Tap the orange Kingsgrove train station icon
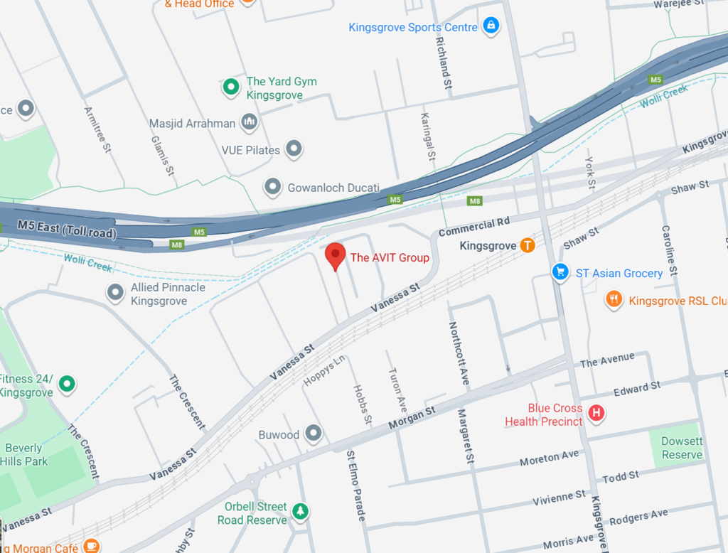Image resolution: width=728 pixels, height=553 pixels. click(x=527, y=246)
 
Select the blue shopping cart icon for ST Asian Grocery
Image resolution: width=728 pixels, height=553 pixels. click(x=561, y=273)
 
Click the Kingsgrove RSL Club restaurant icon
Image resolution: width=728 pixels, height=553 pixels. click(x=614, y=299)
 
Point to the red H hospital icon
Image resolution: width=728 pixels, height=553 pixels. click(x=596, y=413)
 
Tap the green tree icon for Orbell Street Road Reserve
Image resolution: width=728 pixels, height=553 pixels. click(x=301, y=512)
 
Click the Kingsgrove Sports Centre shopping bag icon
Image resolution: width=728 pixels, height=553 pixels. click(x=490, y=26)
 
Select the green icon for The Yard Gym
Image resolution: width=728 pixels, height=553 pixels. click(x=230, y=87)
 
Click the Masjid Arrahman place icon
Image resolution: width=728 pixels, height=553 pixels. click(x=249, y=122)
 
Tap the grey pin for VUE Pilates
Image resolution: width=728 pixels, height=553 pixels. click(x=293, y=149)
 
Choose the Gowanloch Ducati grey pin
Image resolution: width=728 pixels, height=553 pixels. click(x=272, y=188)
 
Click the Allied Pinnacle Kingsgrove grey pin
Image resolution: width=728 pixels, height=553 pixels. click(x=115, y=293)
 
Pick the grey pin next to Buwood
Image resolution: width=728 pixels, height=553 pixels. click(x=313, y=434)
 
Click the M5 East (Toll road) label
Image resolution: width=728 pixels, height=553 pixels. click(x=67, y=229)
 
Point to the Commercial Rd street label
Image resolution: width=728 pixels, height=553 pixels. click(x=474, y=227)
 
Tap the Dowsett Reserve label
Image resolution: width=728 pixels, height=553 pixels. click(x=682, y=448)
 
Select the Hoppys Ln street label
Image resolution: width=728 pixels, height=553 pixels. click(x=324, y=370)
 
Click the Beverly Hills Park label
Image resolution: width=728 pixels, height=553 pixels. click(x=26, y=455)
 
